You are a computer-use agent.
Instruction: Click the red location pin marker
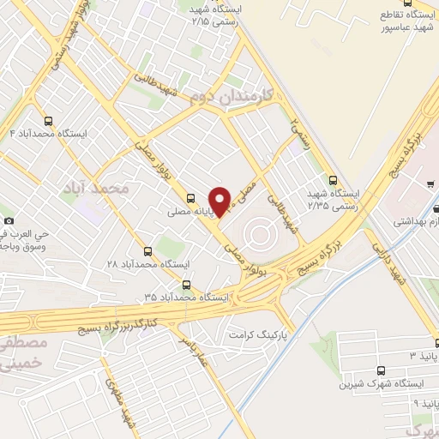click(x=221, y=201)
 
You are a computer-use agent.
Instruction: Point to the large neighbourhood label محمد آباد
click(x=96, y=187)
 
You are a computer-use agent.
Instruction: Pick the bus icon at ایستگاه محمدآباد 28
click(x=149, y=251)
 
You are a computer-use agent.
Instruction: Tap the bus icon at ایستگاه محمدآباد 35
click(x=187, y=286)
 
